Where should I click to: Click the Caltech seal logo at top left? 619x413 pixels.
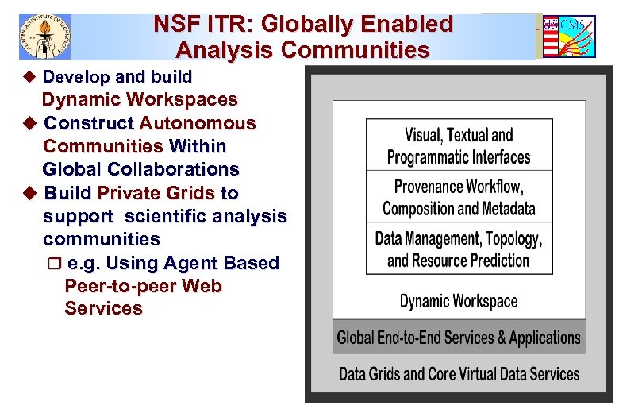[44, 37]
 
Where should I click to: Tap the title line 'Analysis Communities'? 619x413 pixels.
[302, 51]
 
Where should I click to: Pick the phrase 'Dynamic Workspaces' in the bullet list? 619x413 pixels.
[140, 100]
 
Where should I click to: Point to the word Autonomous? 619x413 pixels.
[198, 123]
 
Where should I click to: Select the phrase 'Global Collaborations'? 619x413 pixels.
[140, 169]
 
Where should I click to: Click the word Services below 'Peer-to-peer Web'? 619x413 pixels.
[103, 309]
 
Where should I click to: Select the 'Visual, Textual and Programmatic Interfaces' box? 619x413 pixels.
[459, 145]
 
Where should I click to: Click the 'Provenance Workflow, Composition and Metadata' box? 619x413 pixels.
[459, 198]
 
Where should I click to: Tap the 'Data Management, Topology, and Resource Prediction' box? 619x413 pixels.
[459, 249]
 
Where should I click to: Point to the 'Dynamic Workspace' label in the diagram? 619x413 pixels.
[459, 301]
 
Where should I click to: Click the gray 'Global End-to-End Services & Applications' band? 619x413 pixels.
[459, 338]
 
